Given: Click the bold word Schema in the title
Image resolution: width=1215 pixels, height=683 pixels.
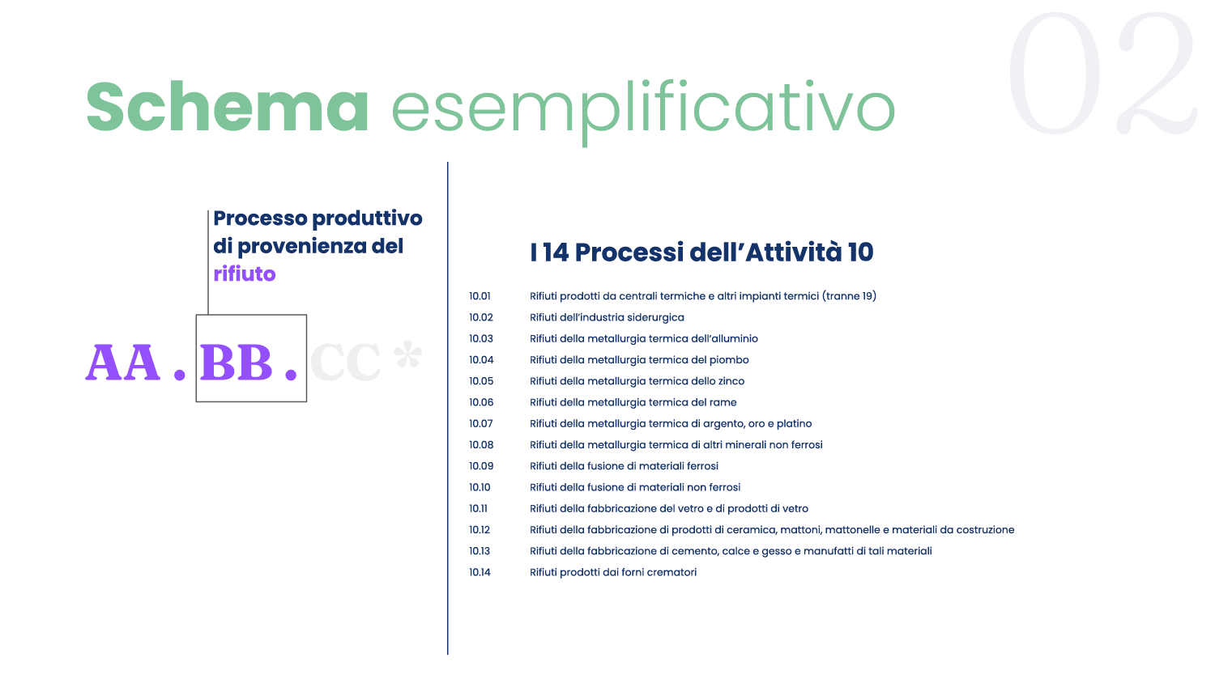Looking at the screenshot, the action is click(x=228, y=106).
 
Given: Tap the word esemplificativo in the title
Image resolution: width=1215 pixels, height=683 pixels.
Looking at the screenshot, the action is click(x=643, y=112).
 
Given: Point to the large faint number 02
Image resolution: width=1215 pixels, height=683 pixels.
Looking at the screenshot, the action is click(x=1102, y=73).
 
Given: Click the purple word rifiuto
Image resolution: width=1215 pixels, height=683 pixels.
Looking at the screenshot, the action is click(x=244, y=274).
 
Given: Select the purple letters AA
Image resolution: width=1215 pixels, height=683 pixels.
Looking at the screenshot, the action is click(x=122, y=363).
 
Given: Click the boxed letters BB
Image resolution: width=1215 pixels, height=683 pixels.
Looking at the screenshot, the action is click(x=236, y=363).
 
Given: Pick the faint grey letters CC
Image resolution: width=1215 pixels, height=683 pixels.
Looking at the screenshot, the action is click(x=346, y=362).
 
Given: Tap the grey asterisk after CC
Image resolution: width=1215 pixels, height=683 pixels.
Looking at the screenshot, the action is click(x=407, y=354).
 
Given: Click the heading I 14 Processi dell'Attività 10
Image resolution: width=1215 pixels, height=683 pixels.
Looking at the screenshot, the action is click(x=702, y=252).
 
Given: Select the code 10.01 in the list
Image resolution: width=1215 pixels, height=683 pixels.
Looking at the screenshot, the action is click(x=480, y=296).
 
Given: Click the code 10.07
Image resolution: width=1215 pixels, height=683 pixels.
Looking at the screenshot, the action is click(x=480, y=423).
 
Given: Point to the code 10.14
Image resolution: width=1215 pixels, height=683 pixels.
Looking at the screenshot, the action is click(x=480, y=572).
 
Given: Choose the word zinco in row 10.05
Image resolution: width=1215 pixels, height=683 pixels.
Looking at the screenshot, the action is click(x=731, y=381).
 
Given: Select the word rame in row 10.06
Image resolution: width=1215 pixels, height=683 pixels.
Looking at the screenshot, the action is click(x=723, y=402).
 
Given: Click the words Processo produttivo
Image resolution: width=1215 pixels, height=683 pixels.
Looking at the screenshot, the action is click(x=318, y=218).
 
